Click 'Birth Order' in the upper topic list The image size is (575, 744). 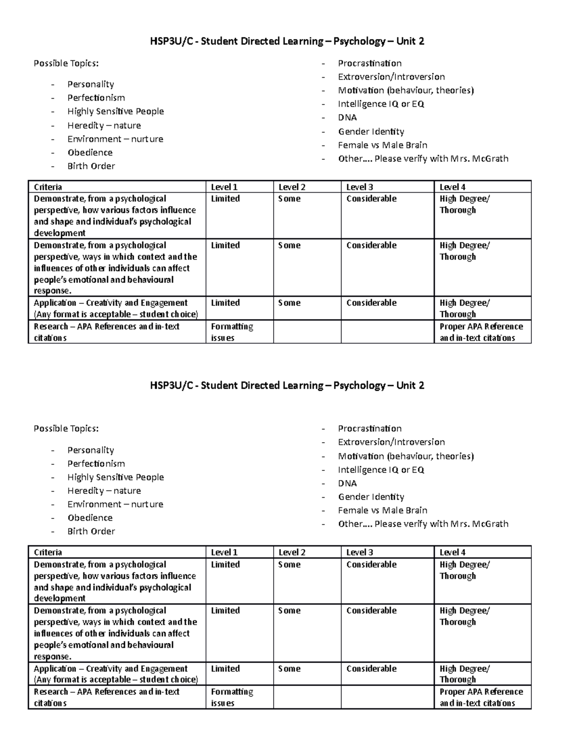click(91, 166)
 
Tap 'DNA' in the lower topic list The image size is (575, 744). click(347, 483)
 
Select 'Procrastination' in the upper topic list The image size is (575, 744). click(369, 63)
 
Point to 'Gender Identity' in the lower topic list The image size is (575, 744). click(371, 497)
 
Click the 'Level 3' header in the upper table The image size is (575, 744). click(359, 187)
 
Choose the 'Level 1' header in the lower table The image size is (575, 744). click(224, 552)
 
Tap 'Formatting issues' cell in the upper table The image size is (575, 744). click(232, 332)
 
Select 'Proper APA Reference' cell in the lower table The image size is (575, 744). click(481, 698)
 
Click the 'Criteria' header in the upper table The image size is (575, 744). click(48, 187)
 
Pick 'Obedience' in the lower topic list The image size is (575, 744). click(90, 518)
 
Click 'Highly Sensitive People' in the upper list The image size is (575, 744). click(115, 111)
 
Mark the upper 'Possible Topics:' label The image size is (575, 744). click(66, 63)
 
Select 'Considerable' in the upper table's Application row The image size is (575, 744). click(371, 303)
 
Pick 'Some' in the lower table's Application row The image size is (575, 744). click(289, 669)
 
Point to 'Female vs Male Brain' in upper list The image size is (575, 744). click(382, 145)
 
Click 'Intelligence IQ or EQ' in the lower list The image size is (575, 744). click(381, 470)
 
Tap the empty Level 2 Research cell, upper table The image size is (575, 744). click(307, 332)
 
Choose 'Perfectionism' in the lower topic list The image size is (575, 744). click(96, 464)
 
